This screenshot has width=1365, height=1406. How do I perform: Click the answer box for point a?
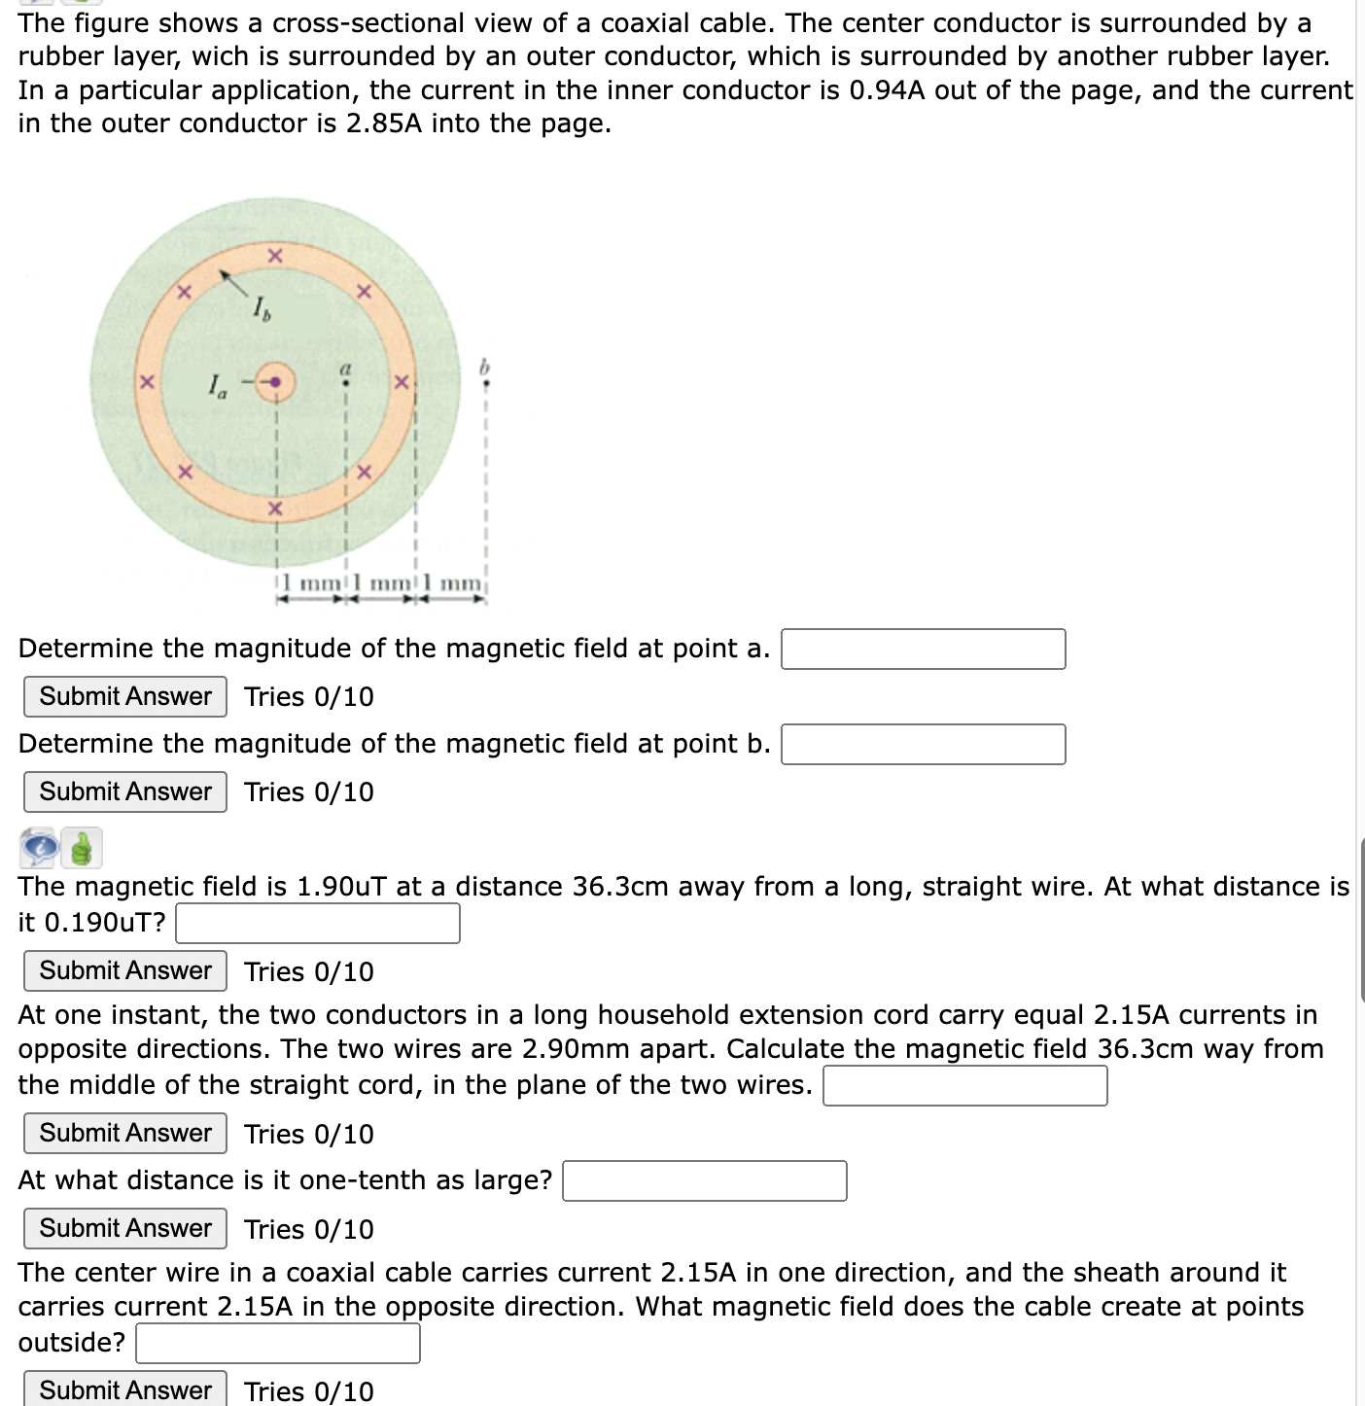coord(923,650)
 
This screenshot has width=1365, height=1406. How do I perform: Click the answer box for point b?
coord(923,745)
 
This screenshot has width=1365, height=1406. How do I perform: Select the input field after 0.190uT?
coord(317,924)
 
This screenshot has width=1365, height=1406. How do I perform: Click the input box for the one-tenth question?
coord(704,1181)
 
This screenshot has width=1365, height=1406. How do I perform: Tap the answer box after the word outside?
coord(277,1344)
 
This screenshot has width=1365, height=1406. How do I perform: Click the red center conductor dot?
coord(276,382)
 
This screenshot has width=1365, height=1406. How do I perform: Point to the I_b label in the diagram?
coord(262,310)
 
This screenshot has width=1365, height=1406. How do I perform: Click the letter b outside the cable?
coord(485,367)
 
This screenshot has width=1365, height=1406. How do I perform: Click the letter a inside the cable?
coord(344,369)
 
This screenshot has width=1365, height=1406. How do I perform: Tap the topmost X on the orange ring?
coord(275,256)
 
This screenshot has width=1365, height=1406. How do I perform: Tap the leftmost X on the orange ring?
coord(146,383)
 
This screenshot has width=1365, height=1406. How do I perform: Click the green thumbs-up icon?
coord(82,848)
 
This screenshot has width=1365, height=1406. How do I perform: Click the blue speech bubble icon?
coord(39,848)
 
